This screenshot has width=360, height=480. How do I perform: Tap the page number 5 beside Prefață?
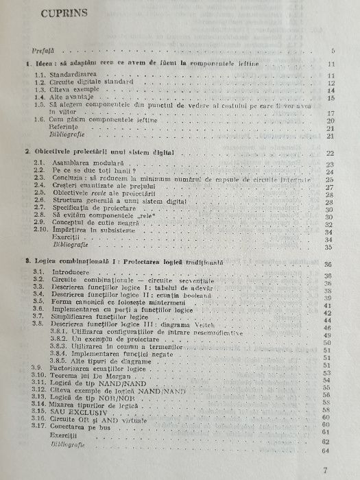point(332,51)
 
